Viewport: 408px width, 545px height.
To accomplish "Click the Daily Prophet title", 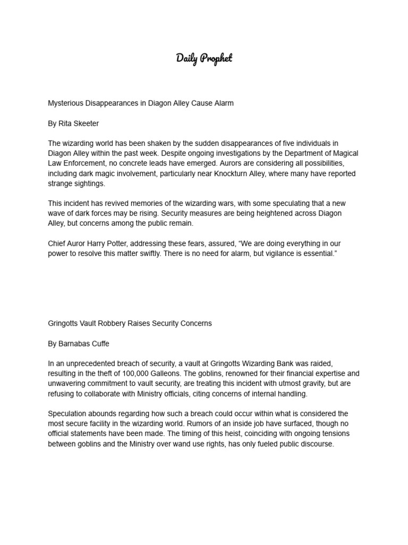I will [204, 58].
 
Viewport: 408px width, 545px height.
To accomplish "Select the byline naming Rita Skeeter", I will [73, 123].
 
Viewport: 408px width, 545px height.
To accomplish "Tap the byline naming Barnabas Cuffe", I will [78, 344].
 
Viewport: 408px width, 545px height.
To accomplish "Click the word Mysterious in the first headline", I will [67, 103].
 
